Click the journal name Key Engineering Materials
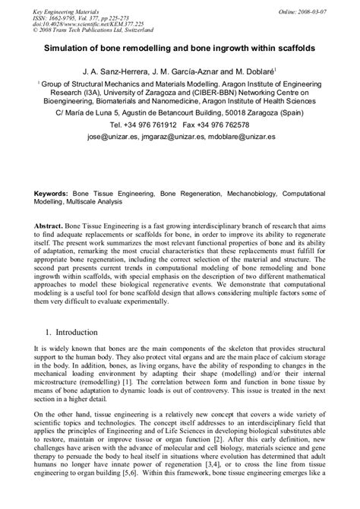point(66,5)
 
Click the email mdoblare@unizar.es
point(244,137)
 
